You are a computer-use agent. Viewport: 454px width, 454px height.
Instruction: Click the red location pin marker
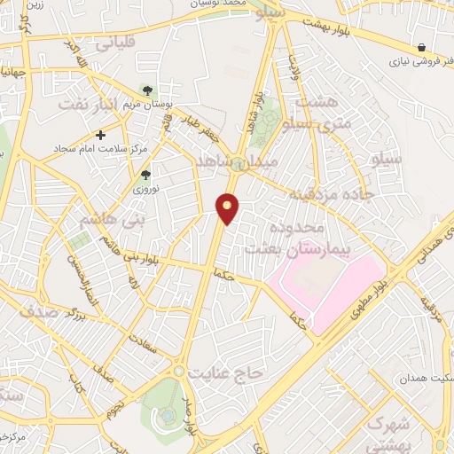click(228, 208)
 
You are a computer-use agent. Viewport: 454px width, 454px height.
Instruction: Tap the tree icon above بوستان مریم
click(147, 90)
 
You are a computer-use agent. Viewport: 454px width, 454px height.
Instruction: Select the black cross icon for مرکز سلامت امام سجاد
click(101, 136)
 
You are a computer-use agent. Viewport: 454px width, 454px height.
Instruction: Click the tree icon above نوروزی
click(145, 175)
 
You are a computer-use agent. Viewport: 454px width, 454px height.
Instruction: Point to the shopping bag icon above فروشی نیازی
click(421, 48)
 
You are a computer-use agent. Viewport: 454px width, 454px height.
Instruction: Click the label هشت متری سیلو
click(325, 113)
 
